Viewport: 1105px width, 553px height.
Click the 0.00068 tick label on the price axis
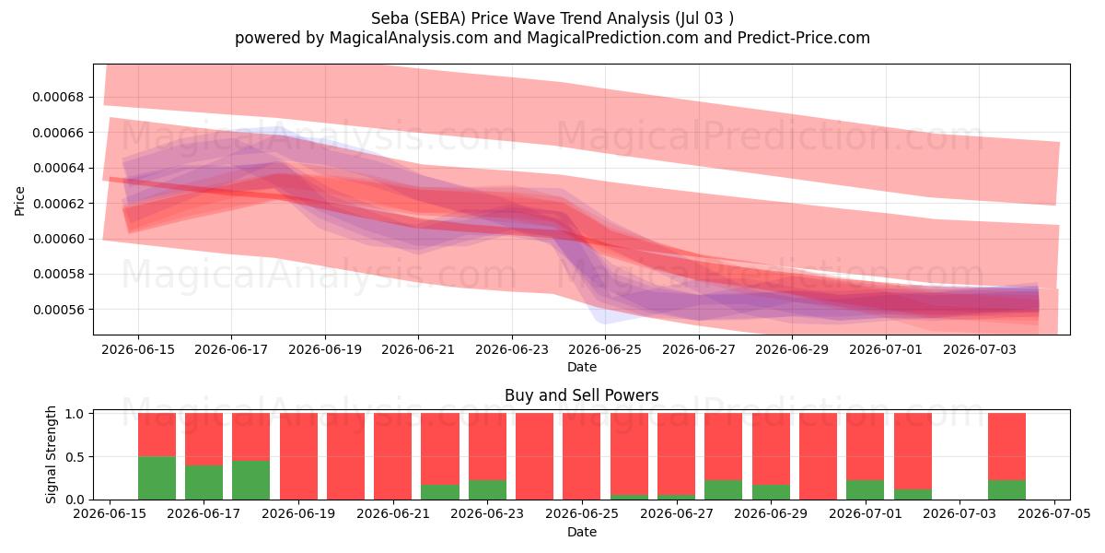click(58, 97)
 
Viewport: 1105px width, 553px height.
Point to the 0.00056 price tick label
click(58, 310)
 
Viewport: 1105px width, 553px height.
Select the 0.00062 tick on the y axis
click(58, 204)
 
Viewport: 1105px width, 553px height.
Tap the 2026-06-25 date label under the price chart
click(605, 349)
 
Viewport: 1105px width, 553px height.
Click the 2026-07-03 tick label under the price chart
click(979, 349)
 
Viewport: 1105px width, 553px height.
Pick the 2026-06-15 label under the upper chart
click(138, 349)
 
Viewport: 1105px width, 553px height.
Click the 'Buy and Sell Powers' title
click(582, 395)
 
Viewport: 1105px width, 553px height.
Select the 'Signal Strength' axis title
click(51, 454)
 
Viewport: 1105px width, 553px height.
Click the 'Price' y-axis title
click(19, 201)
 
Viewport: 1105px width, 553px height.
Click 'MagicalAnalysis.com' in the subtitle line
click(409, 38)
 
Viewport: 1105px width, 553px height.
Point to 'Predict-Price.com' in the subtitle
click(804, 38)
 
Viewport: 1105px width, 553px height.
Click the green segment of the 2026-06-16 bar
click(157, 478)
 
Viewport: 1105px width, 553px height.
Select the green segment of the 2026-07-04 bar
click(1006, 489)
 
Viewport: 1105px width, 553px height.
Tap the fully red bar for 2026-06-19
click(298, 456)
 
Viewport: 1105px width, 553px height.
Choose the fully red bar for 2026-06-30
click(818, 456)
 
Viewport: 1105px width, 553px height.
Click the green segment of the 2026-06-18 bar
click(251, 480)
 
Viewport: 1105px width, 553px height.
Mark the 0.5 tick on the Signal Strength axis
click(75, 457)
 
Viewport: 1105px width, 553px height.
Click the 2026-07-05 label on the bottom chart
click(1054, 514)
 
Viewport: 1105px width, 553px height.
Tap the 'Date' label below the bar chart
click(582, 532)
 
